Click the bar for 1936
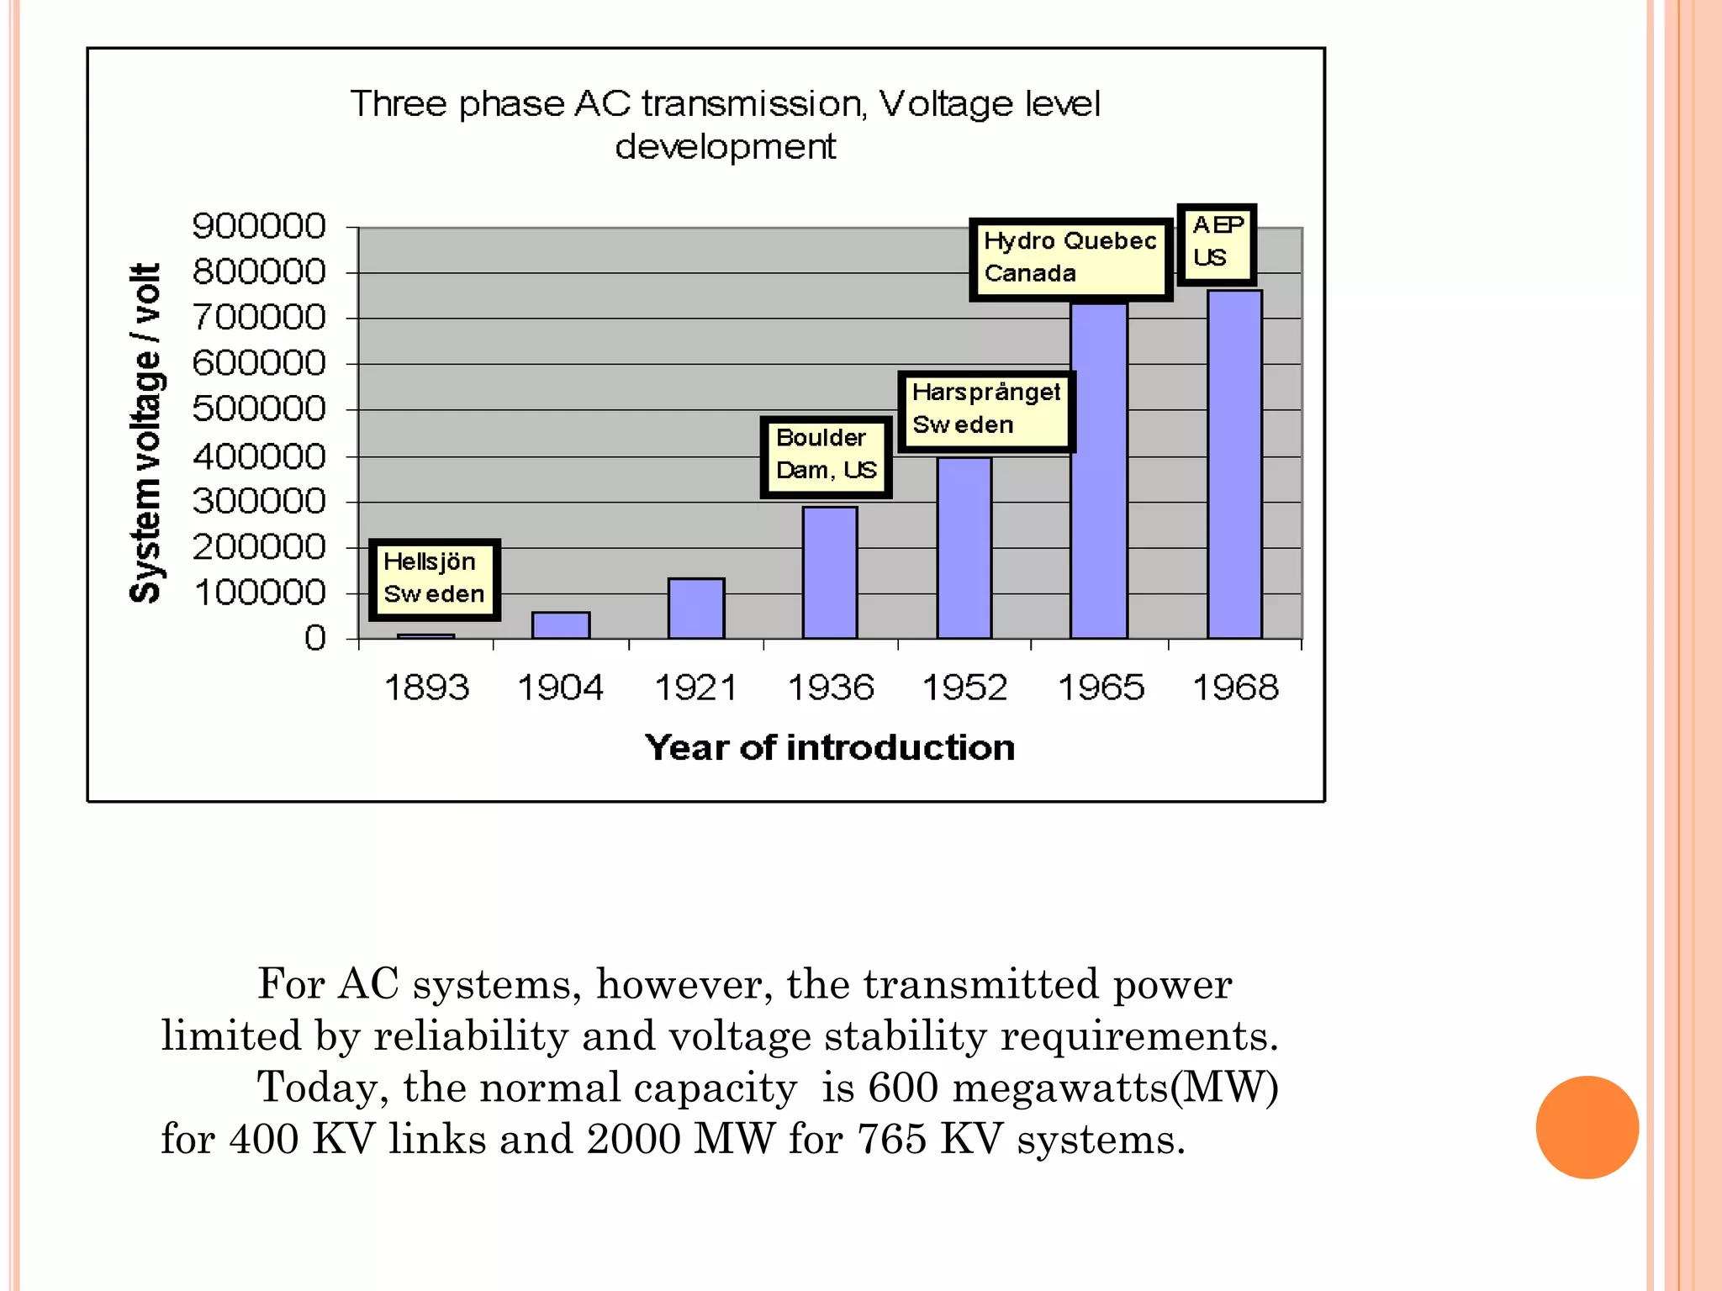[830, 572]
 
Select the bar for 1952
[964, 548]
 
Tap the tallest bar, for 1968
[1234, 464]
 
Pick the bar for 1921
[696, 609]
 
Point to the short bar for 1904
[561, 625]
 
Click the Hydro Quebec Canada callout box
[1070, 258]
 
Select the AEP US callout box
[1217, 243]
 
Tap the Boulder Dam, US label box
[826, 456]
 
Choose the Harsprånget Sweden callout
[986, 410]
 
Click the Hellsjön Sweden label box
[435, 579]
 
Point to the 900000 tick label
[258, 226]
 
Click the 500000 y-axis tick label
[258, 409]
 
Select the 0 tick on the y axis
[314, 638]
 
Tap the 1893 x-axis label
[426, 688]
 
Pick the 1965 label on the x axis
[1101, 688]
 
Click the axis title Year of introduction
[830, 747]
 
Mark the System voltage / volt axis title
[145, 433]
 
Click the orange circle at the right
[1587, 1127]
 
